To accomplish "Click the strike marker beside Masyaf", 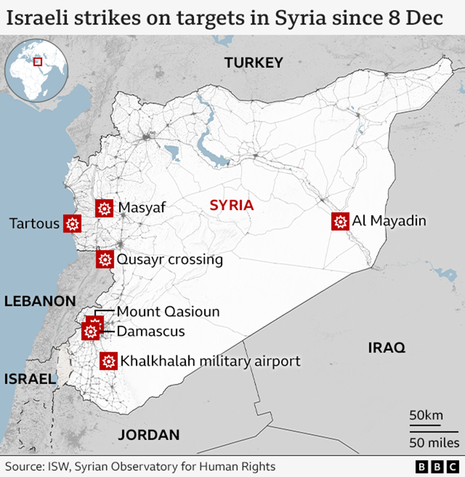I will click(x=104, y=208).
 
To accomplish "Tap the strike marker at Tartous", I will click(x=72, y=223).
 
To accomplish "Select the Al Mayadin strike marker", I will click(x=340, y=221).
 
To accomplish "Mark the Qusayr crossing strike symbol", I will click(x=105, y=259).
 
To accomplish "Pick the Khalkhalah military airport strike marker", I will click(x=109, y=361).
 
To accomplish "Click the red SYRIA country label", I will click(x=231, y=205).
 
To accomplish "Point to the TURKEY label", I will click(x=254, y=63).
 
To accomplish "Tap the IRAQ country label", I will click(x=387, y=348).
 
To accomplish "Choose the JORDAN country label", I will click(x=149, y=435).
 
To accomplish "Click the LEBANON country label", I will click(x=40, y=301).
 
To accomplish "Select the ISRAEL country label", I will click(x=30, y=379).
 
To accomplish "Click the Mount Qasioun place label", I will click(x=168, y=312).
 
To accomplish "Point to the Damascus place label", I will click(x=151, y=331).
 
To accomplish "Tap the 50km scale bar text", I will click(x=426, y=415).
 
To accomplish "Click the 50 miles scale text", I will click(x=434, y=443).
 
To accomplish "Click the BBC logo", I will click(x=437, y=466).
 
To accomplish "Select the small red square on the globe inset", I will click(x=38, y=61).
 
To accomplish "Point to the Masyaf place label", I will click(x=142, y=208).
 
